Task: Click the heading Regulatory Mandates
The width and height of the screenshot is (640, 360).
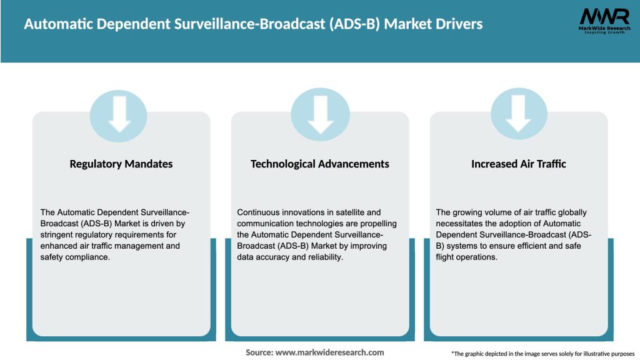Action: (x=121, y=164)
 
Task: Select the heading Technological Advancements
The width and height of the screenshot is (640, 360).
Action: (x=319, y=164)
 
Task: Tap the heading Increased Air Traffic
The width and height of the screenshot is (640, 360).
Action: (x=518, y=164)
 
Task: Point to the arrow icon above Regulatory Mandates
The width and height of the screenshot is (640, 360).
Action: (x=121, y=114)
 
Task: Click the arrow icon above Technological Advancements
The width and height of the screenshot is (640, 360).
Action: (x=320, y=114)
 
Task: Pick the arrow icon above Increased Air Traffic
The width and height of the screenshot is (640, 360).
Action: (x=519, y=114)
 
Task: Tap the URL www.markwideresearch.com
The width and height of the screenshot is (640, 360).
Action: (x=329, y=352)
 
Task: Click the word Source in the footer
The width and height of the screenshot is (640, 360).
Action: (x=259, y=352)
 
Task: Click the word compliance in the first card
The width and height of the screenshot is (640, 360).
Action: (x=87, y=257)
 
